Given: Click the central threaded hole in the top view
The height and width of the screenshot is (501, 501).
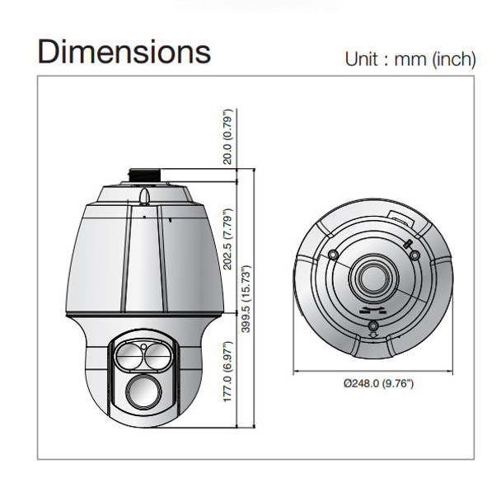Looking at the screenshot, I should tap(374, 278).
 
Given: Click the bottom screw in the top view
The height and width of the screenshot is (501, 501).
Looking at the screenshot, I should tap(374, 327).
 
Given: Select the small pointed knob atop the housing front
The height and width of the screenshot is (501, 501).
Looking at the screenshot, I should tap(145, 195).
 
